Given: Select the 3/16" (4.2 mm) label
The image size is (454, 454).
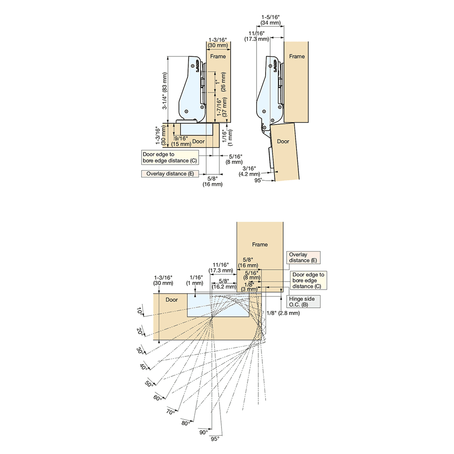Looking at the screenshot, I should [251, 171].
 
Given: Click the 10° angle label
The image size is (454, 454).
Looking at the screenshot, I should [139, 311].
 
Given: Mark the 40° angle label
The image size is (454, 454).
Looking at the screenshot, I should [144, 367].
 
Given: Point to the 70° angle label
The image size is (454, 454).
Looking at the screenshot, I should [171, 412].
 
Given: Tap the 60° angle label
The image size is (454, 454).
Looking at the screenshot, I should [158, 398].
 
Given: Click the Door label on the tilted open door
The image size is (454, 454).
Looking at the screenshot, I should [283, 142].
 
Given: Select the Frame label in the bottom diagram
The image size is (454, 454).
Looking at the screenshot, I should [260, 244].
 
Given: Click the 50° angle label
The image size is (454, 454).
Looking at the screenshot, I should [149, 384].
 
